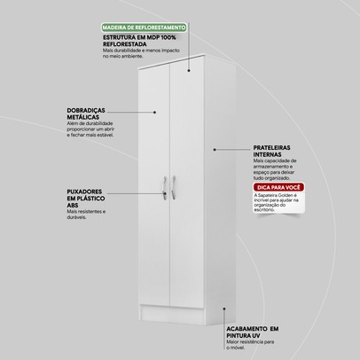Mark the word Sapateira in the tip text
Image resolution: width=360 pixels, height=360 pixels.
pos(260,220)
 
